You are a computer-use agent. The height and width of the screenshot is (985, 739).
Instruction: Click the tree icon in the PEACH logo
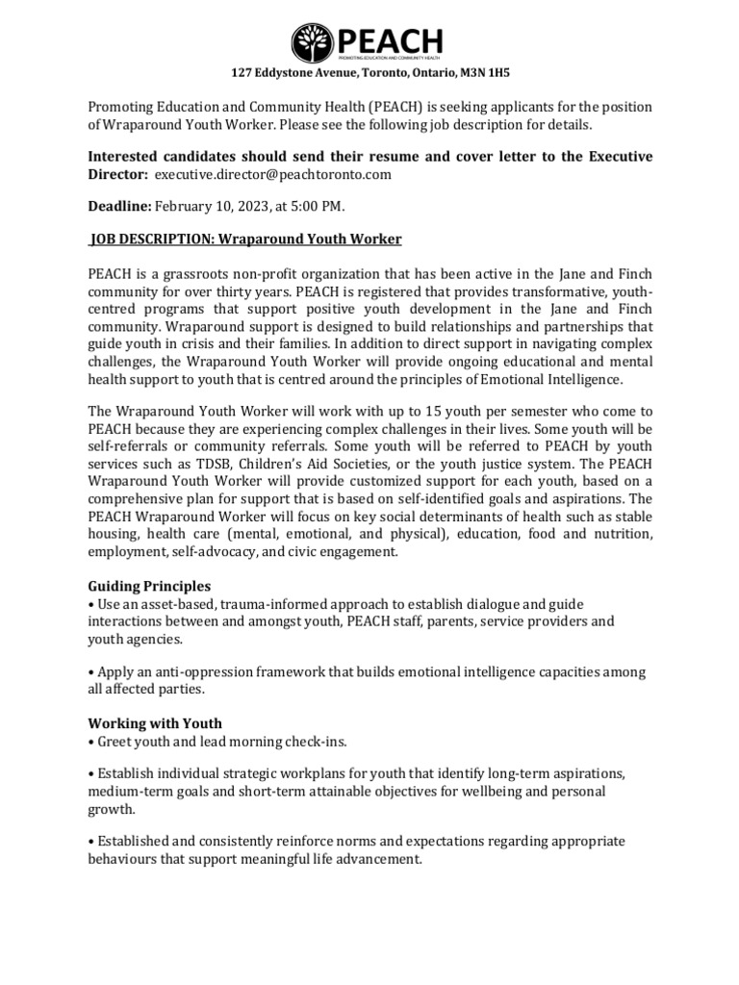point(313,43)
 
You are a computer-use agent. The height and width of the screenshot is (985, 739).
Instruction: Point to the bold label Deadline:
point(120,206)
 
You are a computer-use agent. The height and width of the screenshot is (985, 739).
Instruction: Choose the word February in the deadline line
point(185,206)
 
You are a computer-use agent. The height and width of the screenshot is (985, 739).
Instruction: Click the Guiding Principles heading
point(149,586)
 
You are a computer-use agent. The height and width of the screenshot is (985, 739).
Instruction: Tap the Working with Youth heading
point(155,723)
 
